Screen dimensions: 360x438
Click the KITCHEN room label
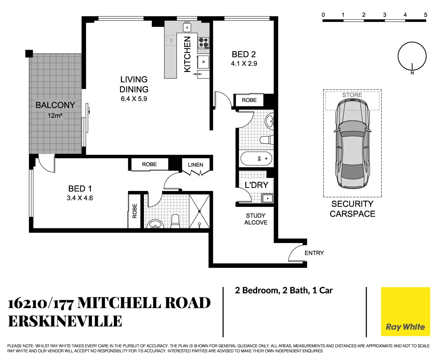pyautogui.click(x=188, y=54)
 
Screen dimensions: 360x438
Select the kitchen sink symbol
pyautogui.click(x=187, y=27)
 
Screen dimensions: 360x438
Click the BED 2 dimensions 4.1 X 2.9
pyautogui.click(x=244, y=64)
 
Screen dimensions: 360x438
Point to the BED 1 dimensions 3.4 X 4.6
pyautogui.click(x=80, y=198)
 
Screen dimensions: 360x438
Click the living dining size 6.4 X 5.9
pyautogui.click(x=134, y=99)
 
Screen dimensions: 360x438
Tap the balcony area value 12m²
pyautogui.click(x=55, y=116)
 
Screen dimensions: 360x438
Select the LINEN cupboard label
pyautogui.click(x=196, y=165)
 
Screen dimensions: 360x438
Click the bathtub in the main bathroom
pyautogui.click(x=256, y=159)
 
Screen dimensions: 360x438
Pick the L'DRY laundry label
pyautogui.click(x=256, y=185)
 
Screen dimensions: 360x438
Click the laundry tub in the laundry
pyautogui.click(x=267, y=199)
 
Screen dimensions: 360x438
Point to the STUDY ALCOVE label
pyautogui.click(x=256, y=219)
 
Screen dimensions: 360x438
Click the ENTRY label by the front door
pyautogui.click(x=314, y=253)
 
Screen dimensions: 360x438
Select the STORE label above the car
pyautogui.click(x=352, y=95)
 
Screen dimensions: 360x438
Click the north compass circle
pyautogui.click(x=412, y=56)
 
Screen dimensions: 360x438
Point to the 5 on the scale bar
pyautogui.click(x=425, y=15)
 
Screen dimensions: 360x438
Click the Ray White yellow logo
pyautogui.click(x=405, y=312)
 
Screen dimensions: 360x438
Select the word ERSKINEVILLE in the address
pyautogui.click(x=65, y=321)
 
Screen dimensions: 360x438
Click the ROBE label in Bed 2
pyautogui.click(x=249, y=100)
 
